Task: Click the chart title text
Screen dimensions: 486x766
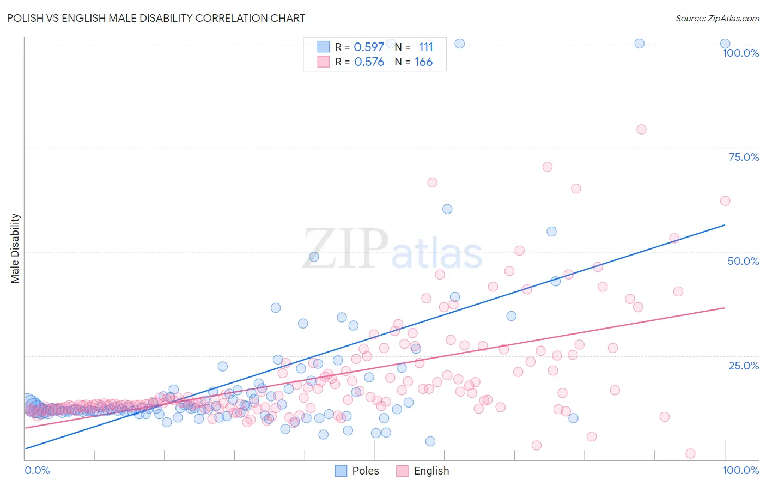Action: [156, 18]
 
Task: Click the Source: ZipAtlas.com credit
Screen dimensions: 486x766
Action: [717, 18]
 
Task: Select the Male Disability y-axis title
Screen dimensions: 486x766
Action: [15, 248]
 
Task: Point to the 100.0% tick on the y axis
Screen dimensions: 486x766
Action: [740, 53]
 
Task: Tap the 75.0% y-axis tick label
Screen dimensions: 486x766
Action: [744, 157]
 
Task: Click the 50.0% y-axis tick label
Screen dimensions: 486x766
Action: [743, 261]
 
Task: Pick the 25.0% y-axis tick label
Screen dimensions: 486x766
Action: [744, 365]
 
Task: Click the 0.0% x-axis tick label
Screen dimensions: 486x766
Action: [37, 470]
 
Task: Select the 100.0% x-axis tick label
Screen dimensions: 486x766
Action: [740, 470]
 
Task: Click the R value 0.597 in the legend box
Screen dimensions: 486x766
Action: [369, 47]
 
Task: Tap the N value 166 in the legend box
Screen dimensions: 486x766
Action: [423, 62]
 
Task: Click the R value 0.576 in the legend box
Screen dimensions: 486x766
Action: [369, 62]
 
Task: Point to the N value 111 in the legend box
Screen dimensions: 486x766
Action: [425, 47]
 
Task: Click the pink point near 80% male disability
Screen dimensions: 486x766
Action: [641, 130]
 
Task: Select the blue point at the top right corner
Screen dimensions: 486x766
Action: [725, 44]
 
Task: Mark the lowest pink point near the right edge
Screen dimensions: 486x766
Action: [690, 453]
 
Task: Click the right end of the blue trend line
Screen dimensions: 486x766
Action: [725, 224]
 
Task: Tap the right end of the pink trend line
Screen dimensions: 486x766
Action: [725, 308]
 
